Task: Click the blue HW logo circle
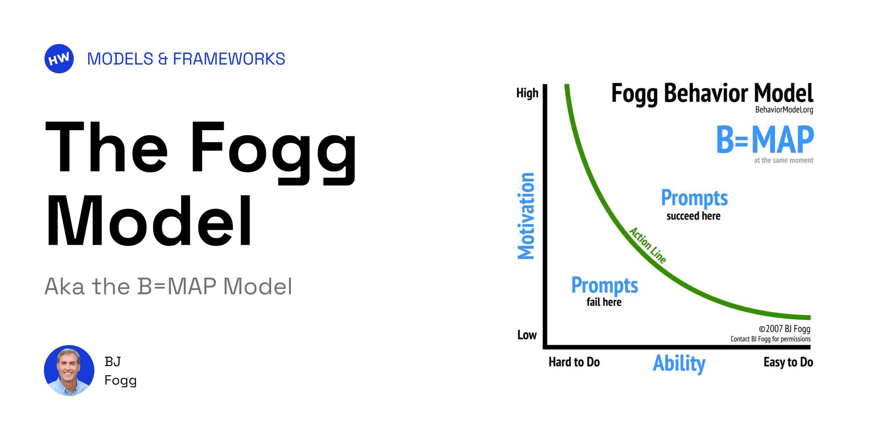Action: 59,59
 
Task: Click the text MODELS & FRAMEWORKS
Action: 186,59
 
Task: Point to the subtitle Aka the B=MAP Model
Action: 168,286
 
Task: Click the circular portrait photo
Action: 69,370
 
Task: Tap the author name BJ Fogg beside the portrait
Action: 120,370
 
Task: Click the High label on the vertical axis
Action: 527,93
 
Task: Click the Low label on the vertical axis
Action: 527,335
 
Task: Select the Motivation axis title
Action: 526,216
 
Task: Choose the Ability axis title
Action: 679,363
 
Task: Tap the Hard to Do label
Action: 574,362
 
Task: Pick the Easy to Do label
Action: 788,362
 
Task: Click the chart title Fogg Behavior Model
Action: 712,93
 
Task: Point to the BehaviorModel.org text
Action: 784,110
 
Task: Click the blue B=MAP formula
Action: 765,140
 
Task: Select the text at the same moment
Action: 784,161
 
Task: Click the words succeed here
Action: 694,216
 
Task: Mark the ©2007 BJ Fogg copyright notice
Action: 784,329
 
